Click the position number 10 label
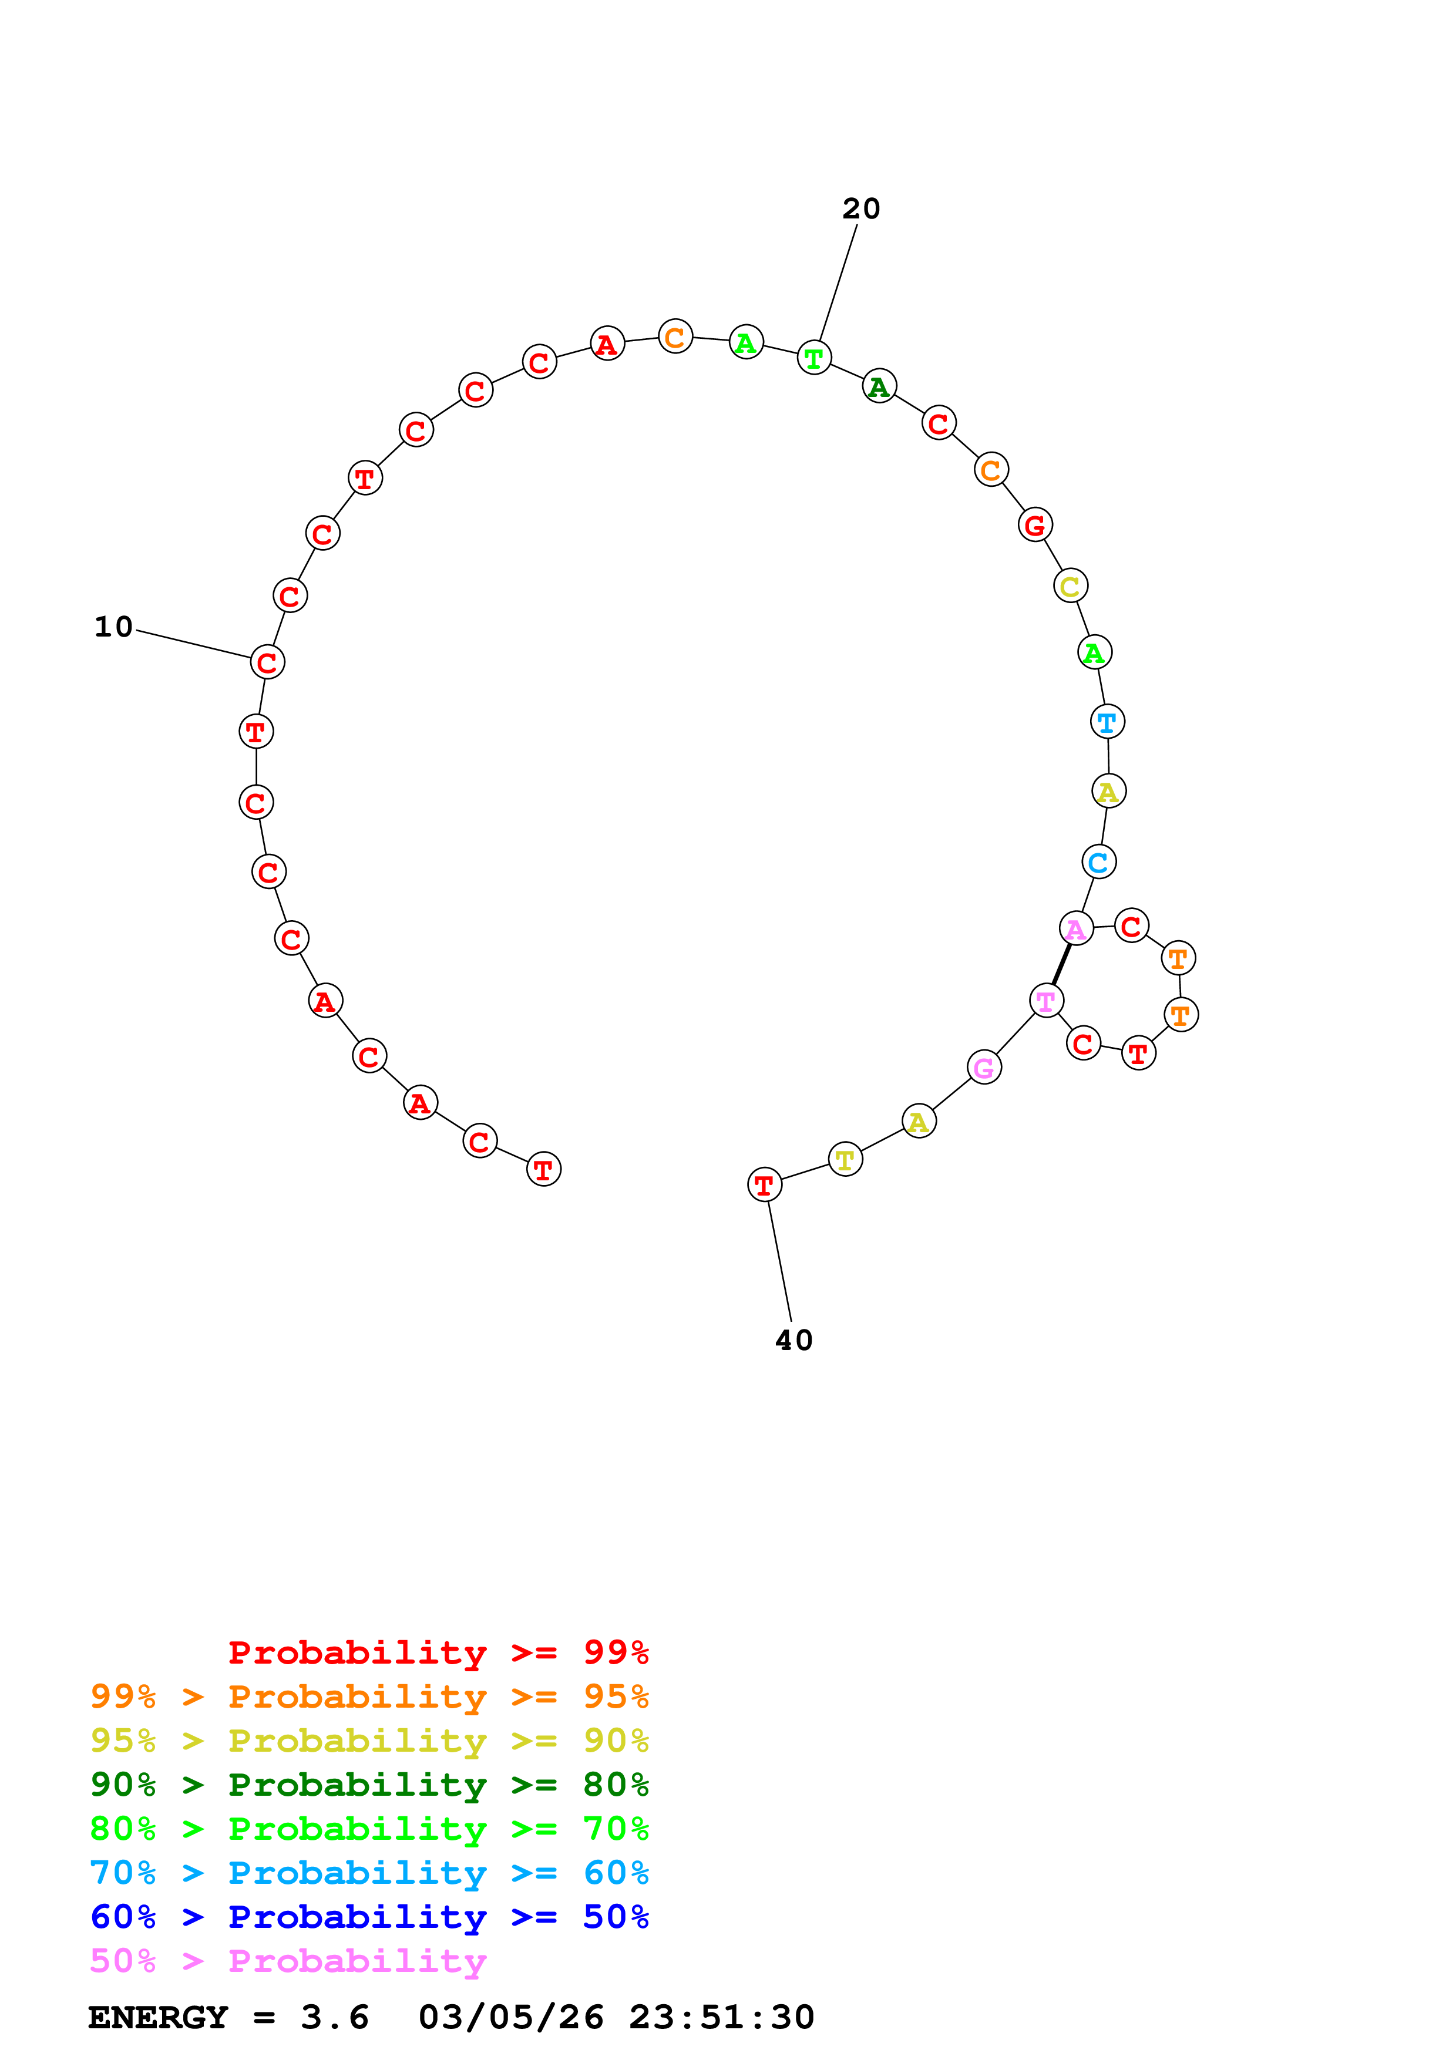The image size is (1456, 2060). click(x=114, y=627)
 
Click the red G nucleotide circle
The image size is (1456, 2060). click(x=1035, y=525)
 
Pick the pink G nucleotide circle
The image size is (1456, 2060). click(x=984, y=1068)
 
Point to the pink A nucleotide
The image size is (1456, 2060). click(x=1075, y=928)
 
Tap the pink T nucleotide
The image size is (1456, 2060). click(x=1046, y=1001)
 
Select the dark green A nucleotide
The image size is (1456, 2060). click(x=879, y=387)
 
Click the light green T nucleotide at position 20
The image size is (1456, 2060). click(x=813, y=358)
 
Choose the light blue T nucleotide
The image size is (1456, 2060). click(x=1107, y=721)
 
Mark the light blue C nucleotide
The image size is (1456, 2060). click(x=1098, y=862)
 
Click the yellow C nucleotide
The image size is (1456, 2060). click(x=1070, y=587)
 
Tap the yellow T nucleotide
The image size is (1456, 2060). click(x=845, y=1160)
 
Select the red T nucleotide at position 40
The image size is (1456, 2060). click(x=764, y=1185)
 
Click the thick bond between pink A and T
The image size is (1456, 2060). click(x=1061, y=964)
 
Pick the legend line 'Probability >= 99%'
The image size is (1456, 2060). click(x=438, y=1652)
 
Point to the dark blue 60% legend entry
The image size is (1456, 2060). click(x=369, y=1917)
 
